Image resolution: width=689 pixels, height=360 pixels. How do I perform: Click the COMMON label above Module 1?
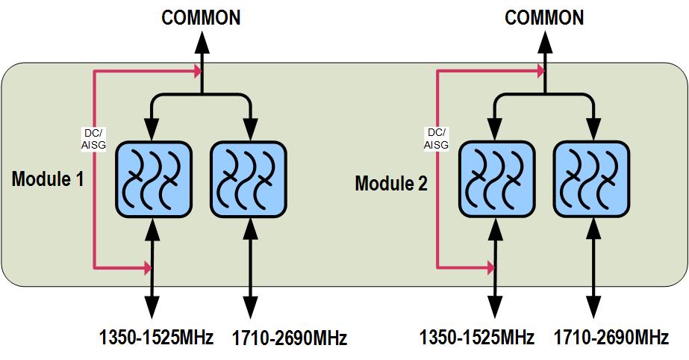point(202,17)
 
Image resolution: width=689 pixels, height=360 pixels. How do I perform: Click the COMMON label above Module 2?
point(544,17)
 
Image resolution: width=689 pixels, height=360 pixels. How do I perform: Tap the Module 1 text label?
point(49,179)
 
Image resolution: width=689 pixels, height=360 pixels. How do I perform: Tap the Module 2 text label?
point(391,183)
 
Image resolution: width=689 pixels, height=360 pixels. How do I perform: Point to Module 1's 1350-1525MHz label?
point(156,338)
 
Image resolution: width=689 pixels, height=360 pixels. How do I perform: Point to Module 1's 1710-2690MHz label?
point(289,338)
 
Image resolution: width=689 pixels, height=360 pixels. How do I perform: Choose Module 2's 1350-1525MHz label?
point(476,338)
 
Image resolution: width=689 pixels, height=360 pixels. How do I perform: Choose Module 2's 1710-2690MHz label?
point(611,338)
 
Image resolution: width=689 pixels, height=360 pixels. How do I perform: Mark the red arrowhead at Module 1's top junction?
point(197,72)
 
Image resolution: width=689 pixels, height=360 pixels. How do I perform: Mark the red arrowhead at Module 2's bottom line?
point(490,266)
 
